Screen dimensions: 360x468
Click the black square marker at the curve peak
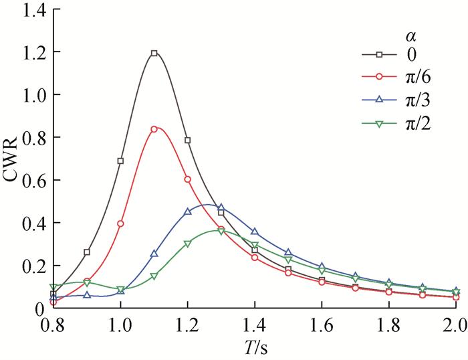(x=154, y=53)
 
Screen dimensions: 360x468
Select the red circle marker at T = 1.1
(x=154, y=128)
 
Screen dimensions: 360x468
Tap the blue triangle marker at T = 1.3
(x=221, y=207)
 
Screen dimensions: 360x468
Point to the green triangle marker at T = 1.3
(x=221, y=232)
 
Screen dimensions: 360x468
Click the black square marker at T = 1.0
(x=120, y=161)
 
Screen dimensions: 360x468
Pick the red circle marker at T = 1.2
(x=187, y=179)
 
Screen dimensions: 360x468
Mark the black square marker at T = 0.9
(x=87, y=252)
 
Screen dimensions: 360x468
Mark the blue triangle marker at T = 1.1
(x=154, y=254)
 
